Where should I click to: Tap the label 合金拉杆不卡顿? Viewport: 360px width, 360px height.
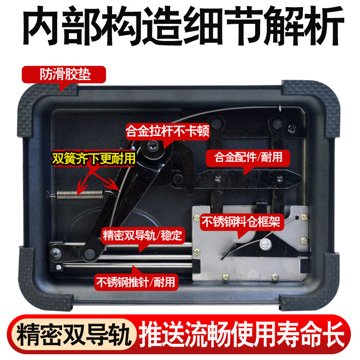pos(167,131)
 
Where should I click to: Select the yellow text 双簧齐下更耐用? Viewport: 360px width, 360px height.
pos(94,158)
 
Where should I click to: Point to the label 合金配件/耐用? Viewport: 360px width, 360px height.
pos(248,157)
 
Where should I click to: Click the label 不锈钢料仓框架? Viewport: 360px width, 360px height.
pos(241,222)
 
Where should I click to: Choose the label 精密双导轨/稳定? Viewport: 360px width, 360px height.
pos(143,235)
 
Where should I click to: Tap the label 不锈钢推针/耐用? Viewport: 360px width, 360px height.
pos(136,282)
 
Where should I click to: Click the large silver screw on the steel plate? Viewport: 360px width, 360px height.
pos(265,244)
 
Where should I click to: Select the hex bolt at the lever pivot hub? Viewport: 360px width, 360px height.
pos(152,145)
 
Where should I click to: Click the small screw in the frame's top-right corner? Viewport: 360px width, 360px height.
pos(292,128)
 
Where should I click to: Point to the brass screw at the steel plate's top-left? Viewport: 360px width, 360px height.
pos(197,217)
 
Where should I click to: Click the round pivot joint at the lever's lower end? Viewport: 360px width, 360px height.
pos(90,254)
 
